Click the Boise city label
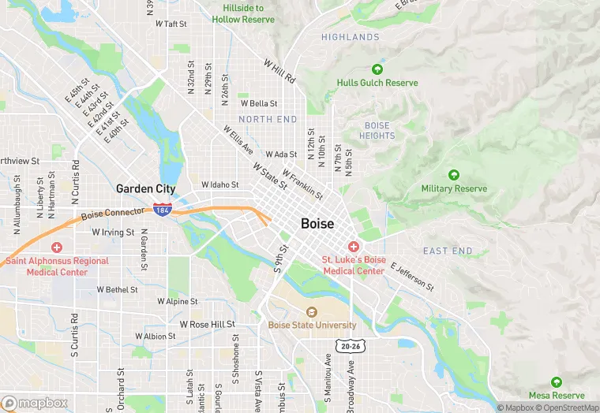coord(323,224)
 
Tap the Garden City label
coord(145,188)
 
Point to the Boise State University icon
coord(310,313)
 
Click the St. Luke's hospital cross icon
coord(353,247)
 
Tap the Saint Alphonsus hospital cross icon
coord(56,247)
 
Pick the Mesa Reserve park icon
coord(557,382)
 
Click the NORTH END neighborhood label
coord(268,120)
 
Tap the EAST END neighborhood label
coord(448,251)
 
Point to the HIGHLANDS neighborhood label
coord(351,37)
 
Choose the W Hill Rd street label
coord(279,72)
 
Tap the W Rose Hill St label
coord(208,325)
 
